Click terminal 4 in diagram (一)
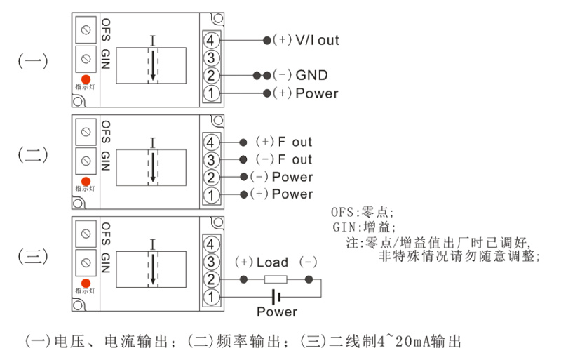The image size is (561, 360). pyautogui.click(x=212, y=40)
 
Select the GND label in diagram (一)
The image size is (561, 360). pyautogui.click(x=311, y=75)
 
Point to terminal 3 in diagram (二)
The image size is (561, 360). pyautogui.click(x=212, y=159)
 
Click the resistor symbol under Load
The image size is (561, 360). pyautogui.click(x=276, y=279)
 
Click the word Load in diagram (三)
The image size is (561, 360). pyautogui.click(x=272, y=262)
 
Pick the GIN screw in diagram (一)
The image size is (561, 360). pyautogui.click(x=86, y=56)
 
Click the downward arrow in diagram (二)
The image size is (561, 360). pyautogui.click(x=152, y=166)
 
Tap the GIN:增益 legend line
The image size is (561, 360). pyautogui.click(x=364, y=227)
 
